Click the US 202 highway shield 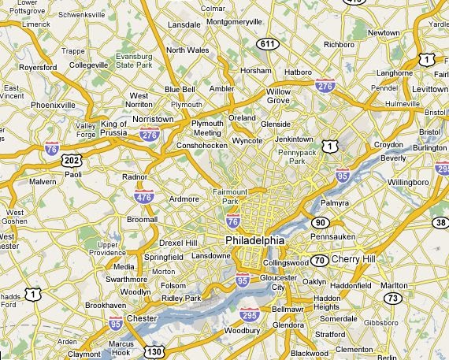point(72,160)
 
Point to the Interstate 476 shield point(143,197)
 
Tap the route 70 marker point(319,260)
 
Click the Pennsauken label point(333,236)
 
